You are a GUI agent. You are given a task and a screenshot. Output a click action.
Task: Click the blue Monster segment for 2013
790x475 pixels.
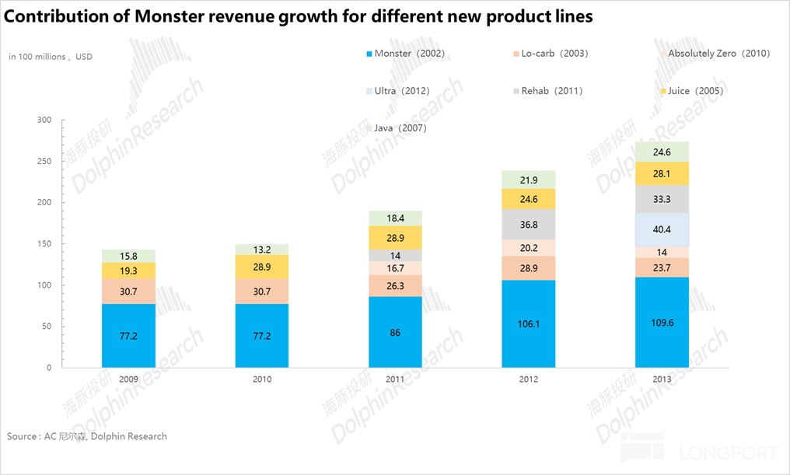point(662,322)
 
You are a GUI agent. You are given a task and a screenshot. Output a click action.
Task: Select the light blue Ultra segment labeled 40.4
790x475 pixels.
point(662,229)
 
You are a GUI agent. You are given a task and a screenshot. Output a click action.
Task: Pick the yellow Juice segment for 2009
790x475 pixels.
point(128,271)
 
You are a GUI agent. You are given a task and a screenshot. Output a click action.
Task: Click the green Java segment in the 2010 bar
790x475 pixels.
point(262,250)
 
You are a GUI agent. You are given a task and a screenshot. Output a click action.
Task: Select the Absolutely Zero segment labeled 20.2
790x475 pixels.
point(529,248)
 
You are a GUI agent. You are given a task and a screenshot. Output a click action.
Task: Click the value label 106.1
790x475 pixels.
point(529,323)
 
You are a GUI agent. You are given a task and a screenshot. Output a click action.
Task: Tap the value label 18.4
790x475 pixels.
point(395,218)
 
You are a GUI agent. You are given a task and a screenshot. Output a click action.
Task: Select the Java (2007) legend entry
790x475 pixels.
point(400,127)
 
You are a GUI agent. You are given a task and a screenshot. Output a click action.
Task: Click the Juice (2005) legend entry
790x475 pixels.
point(695,91)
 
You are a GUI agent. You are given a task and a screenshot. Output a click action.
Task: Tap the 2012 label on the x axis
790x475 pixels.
point(529,380)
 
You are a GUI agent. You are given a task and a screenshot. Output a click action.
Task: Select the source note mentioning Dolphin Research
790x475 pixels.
point(87,436)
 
